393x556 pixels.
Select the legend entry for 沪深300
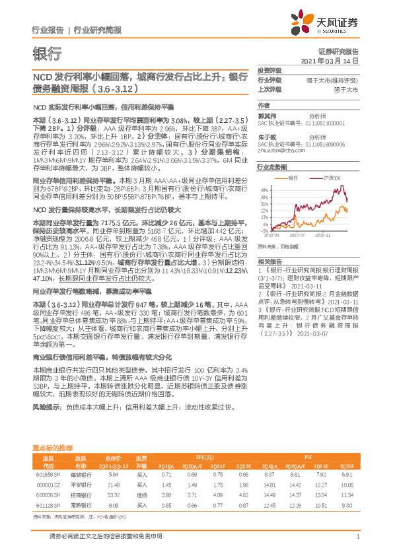(x=332, y=178)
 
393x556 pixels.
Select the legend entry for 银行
(x=293, y=178)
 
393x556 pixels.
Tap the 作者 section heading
(x=264, y=105)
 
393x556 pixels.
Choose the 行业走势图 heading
(x=272, y=168)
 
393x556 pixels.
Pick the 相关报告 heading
(x=269, y=262)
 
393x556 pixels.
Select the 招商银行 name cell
(x=80, y=493)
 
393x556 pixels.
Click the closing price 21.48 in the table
(x=112, y=484)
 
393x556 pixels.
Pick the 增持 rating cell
(x=141, y=493)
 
